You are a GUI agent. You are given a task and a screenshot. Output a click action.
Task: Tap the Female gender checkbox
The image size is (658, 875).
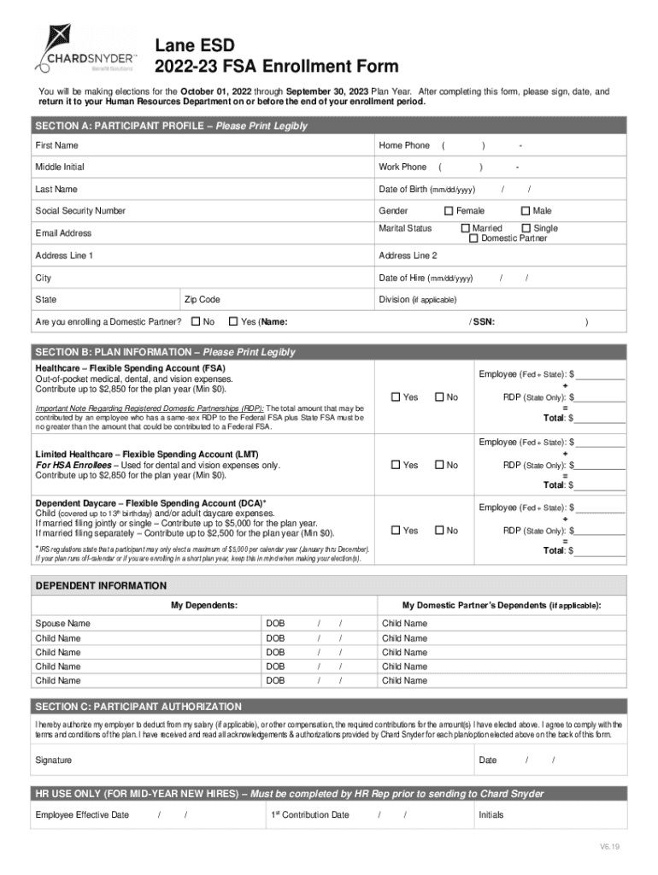click(448, 211)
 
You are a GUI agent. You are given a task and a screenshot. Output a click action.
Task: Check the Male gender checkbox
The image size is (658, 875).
click(525, 211)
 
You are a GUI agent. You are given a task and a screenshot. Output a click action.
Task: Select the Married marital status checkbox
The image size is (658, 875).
click(466, 229)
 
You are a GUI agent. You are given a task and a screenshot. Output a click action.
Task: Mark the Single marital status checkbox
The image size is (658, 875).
click(526, 229)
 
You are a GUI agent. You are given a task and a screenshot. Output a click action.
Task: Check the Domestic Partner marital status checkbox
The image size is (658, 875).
click(473, 239)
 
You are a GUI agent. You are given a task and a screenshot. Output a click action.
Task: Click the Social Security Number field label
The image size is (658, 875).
click(80, 211)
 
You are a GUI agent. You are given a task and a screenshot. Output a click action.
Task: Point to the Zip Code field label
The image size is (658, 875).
click(203, 300)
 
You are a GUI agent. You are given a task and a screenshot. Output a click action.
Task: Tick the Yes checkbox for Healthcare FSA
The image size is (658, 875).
click(396, 397)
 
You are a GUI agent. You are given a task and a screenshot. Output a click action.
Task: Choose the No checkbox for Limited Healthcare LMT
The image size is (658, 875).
click(439, 466)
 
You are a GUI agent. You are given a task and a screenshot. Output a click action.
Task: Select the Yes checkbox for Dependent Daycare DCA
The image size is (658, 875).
click(396, 531)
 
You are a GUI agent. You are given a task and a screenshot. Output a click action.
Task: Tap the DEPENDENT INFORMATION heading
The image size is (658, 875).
click(101, 586)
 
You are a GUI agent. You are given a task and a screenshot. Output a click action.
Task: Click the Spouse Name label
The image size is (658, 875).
click(62, 624)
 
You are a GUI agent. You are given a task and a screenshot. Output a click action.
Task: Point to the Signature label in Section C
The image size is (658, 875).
click(54, 760)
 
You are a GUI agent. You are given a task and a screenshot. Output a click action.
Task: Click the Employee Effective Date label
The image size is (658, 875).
click(82, 815)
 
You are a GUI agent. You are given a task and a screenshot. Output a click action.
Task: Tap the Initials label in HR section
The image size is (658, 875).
click(492, 815)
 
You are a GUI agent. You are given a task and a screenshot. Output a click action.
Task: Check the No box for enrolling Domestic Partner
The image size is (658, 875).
click(196, 322)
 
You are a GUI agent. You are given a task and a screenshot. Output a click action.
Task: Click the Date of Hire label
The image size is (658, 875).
click(426, 278)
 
